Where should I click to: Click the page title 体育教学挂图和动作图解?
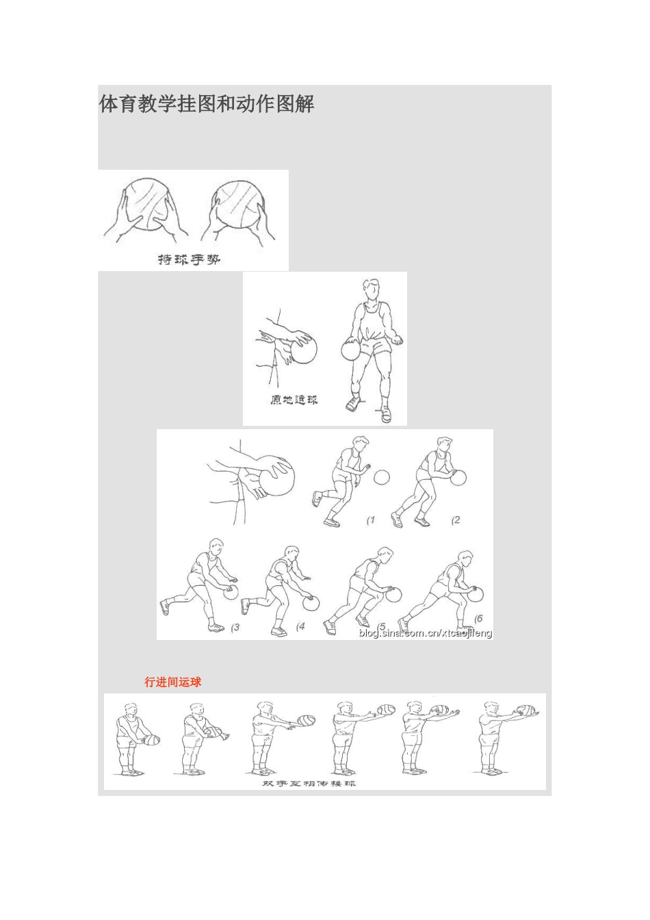(x=207, y=104)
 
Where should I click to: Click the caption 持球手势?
(x=189, y=259)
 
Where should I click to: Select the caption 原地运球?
(x=294, y=400)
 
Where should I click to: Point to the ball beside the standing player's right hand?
(x=350, y=350)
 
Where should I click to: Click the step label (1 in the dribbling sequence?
(x=371, y=520)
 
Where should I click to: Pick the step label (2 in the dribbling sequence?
(x=456, y=520)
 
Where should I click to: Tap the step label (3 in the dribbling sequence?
(x=235, y=626)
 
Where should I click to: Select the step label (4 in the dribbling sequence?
(x=300, y=626)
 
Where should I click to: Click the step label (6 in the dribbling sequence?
(x=478, y=618)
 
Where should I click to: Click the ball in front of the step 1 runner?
(x=382, y=476)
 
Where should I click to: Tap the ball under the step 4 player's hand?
(x=311, y=603)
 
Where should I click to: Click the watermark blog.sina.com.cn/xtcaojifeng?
(x=425, y=633)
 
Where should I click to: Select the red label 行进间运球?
(x=173, y=682)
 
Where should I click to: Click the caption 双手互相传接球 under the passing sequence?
(x=309, y=783)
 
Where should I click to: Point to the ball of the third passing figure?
(x=307, y=721)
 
